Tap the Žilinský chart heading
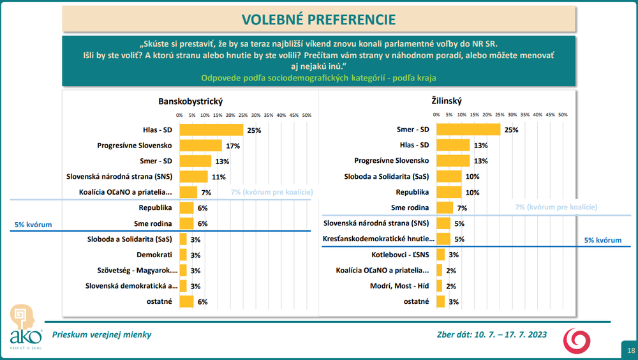[x=447, y=101]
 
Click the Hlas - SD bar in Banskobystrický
[x=211, y=130]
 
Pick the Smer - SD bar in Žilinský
[x=468, y=130]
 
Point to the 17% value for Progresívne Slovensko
[x=232, y=146]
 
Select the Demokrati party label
[x=154, y=255]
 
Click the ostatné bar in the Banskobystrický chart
[x=186, y=301]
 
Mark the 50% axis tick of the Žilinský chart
[x=563, y=115]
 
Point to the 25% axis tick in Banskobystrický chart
[x=243, y=115]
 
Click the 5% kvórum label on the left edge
[x=33, y=225]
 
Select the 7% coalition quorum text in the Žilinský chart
[x=556, y=207]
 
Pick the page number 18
[x=630, y=350]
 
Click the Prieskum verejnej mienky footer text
[x=102, y=334]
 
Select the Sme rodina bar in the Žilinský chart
[x=445, y=207]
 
